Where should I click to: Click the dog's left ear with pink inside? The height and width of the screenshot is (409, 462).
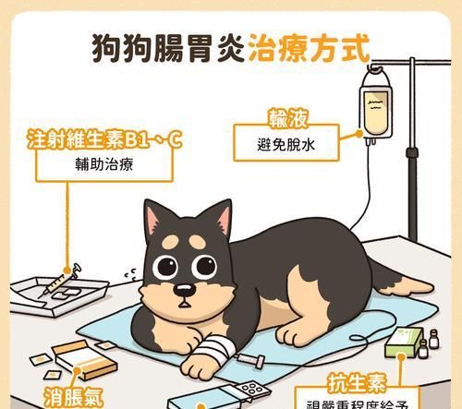[159, 222]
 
